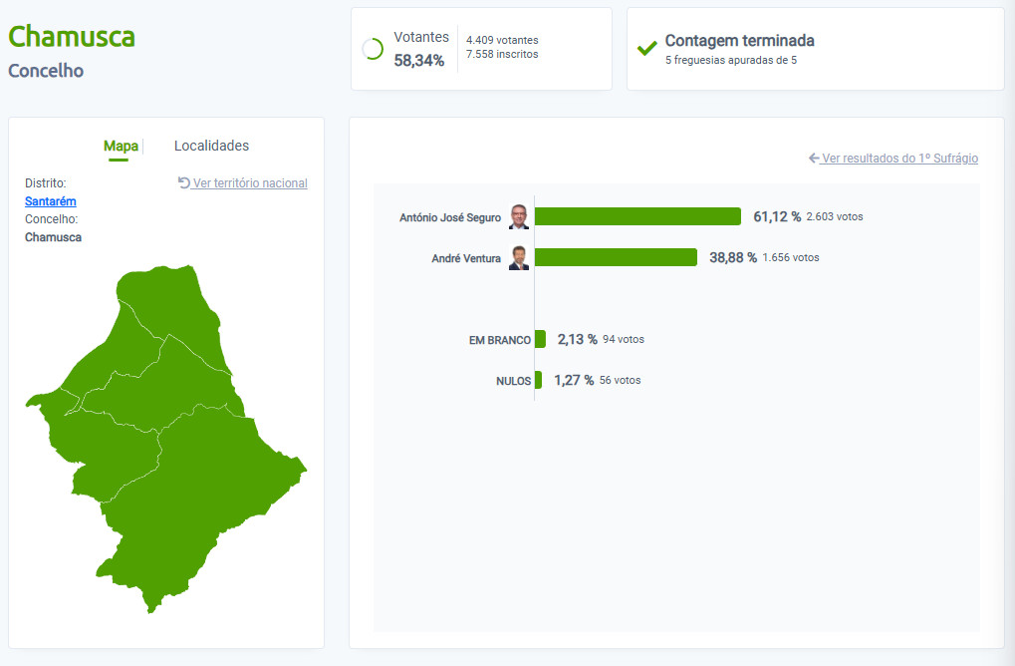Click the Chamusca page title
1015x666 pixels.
[71, 36]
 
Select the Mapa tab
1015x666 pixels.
[122, 146]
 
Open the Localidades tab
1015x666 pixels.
[212, 146]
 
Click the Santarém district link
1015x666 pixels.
[51, 201]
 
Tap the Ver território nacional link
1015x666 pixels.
[243, 183]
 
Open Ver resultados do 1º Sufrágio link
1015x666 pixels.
[893, 159]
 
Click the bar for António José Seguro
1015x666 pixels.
[637, 216]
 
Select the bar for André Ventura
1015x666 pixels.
[616, 257]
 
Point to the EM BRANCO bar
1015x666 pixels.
[540, 339]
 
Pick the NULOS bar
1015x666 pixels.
[538, 380]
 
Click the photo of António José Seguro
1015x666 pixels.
[519, 216]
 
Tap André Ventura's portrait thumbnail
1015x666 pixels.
[519, 257]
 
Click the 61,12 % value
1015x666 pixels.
[777, 216]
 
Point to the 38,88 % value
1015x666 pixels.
[733, 257]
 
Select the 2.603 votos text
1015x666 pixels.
[835, 216]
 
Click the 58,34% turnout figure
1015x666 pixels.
[418, 60]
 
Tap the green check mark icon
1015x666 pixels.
[646, 49]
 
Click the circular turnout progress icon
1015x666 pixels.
[373, 49]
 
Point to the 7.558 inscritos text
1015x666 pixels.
[502, 55]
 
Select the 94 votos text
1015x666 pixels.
[624, 339]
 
